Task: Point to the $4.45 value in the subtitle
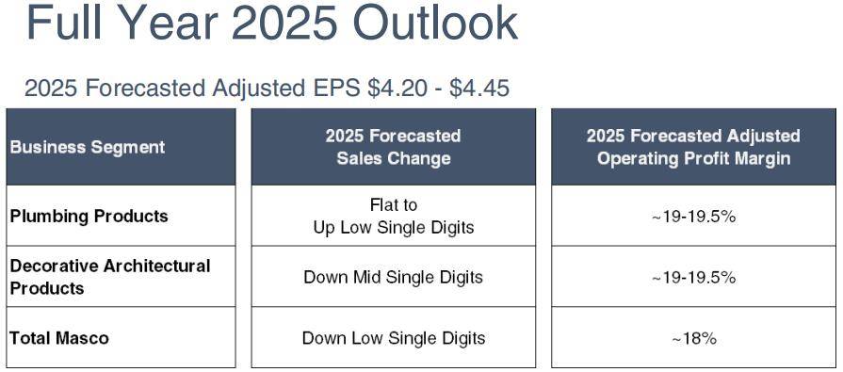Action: point(479,89)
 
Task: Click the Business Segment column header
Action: point(88,147)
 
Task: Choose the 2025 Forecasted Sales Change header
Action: point(394,147)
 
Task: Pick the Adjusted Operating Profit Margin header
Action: point(693,147)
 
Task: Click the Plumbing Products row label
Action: point(89,216)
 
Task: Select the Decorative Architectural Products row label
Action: point(109,277)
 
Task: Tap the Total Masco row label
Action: point(59,338)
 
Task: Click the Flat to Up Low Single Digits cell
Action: point(394,216)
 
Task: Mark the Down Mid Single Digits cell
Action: point(394,278)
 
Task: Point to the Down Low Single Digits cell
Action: point(394,338)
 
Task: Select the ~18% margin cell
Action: point(694,339)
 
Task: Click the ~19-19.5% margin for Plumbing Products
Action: point(693,217)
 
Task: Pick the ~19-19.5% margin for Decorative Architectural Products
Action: point(693,278)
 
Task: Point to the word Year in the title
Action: point(165,23)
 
